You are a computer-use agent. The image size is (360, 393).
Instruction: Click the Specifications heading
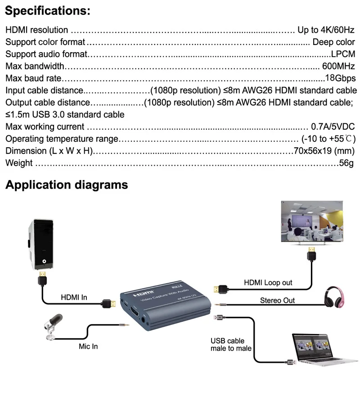coord(48,11)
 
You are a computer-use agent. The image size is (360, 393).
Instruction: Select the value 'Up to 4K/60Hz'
coord(326,30)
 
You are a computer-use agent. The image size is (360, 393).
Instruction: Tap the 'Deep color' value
coord(333,42)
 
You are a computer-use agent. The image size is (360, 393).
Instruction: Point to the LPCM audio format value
coord(343,54)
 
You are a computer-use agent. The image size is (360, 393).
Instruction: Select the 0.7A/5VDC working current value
coord(333,126)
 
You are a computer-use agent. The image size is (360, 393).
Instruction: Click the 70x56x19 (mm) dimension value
coord(324,151)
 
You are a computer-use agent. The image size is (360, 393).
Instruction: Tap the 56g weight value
coord(346,163)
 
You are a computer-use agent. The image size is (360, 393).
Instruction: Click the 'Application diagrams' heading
coord(67,185)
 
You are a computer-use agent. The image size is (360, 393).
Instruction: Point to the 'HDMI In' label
coord(74,298)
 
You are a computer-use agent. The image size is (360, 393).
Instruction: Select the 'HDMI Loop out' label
coord(268,283)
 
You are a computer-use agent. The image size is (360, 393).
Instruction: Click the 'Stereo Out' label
coord(277,300)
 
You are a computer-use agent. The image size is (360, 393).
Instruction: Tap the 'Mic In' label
coord(88,346)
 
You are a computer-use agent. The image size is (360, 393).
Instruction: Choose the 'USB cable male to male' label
coord(231,345)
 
